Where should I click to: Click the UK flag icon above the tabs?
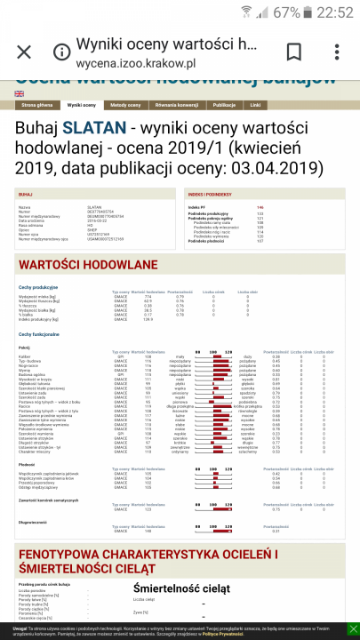point(20,93)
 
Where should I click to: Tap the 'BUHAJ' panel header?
point(26,193)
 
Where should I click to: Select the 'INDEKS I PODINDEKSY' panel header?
point(210,193)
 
